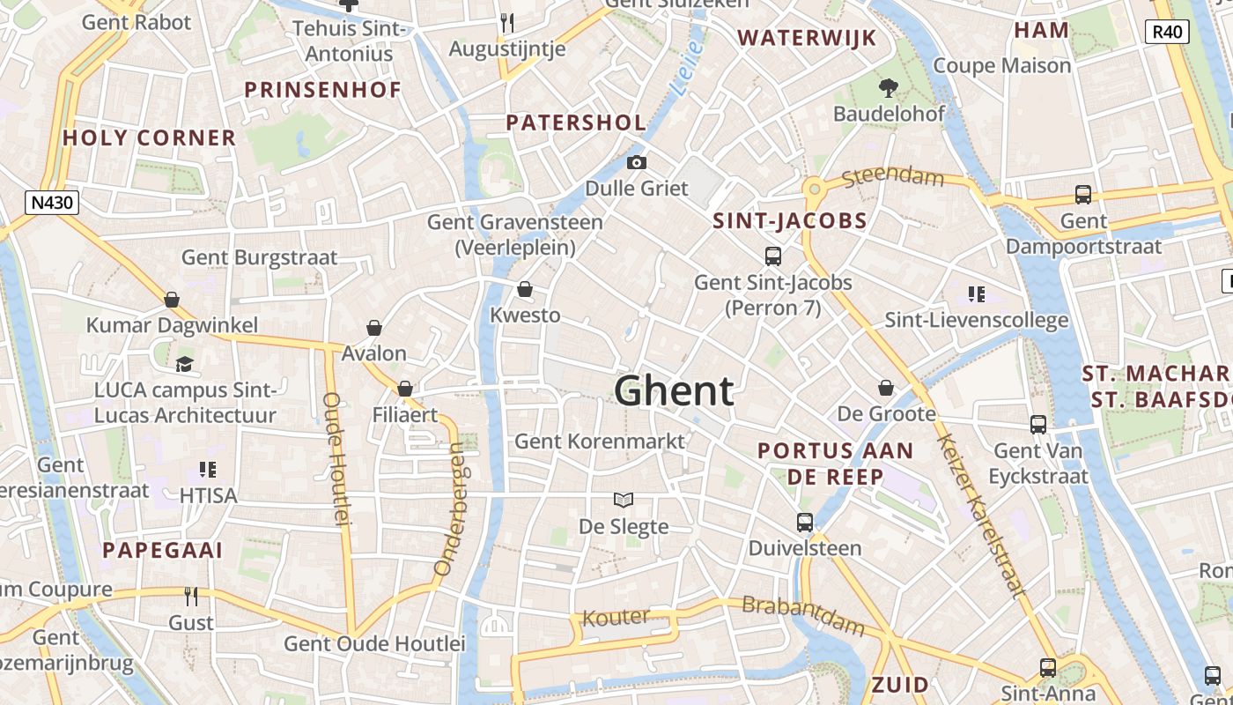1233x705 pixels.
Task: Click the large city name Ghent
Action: pos(674,390)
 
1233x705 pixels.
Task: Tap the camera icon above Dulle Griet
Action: pos(637,162)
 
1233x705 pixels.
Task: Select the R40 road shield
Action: pos(1167,33)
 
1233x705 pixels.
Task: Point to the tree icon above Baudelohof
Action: pos(888,87)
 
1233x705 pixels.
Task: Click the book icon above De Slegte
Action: pos(624,501)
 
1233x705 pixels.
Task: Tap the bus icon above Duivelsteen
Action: pos(804,522)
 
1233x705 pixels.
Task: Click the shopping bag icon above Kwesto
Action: pos(525,289)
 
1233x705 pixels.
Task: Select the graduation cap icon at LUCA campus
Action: pos(185,364)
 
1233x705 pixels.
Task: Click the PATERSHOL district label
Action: pos(576,122)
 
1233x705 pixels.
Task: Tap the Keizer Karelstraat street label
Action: pos(980,515)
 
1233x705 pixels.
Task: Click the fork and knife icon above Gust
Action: pos(191,597)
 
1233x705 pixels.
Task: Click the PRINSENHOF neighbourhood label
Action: pos(322,90)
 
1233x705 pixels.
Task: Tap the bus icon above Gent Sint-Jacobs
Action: pos(772,256)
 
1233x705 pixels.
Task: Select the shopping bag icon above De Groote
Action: pos(886,388)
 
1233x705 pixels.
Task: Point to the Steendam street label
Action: pos(892,177)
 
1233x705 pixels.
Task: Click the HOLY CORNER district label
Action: pos(149,137)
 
